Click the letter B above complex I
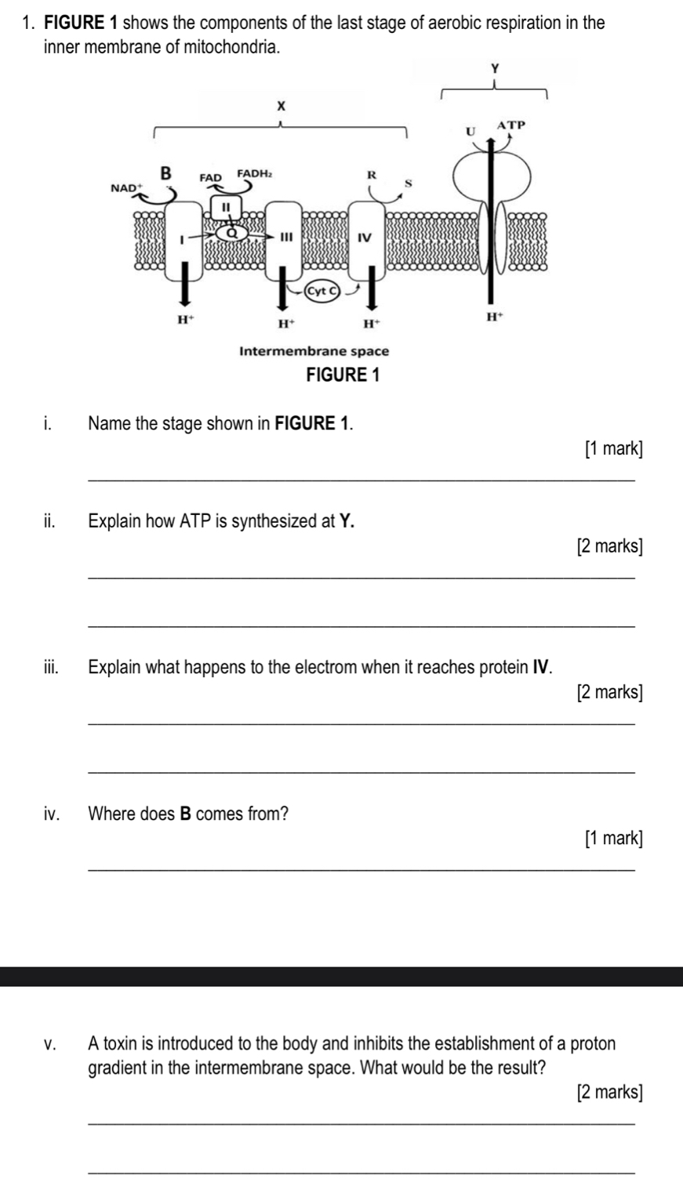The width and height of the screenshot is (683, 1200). coord(165,172)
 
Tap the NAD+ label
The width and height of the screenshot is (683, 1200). coord(124,188)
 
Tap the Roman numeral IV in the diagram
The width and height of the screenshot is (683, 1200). coord(364,237)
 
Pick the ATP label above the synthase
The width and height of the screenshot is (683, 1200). coord(510,125)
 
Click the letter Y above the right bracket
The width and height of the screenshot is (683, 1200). coord(494,69)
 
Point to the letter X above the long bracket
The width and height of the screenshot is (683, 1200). coord(278,105)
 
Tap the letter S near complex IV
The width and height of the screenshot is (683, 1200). coord(407,182)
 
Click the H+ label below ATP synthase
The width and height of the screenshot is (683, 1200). coord(492,317)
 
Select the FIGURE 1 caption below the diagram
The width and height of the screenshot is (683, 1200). coord(341,375)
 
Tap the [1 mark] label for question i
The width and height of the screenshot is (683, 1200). coord(613,449)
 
